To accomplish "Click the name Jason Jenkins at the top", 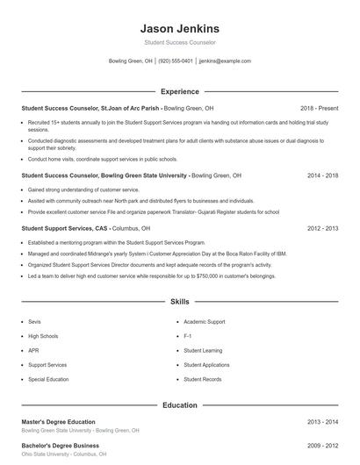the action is (179, 28).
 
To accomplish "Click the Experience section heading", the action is (179, 91).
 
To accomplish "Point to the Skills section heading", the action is (179, 302).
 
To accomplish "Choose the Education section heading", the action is (179, 405).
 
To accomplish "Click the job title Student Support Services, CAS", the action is (62, 228).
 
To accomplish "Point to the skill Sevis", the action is (35, 321).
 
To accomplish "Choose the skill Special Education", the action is (47, 379).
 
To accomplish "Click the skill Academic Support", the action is (205, 321).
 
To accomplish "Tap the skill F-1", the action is (188, 336).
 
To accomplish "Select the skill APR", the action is (33, 350).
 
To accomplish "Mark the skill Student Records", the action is (201, 379).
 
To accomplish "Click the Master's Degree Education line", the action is (58, 422).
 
